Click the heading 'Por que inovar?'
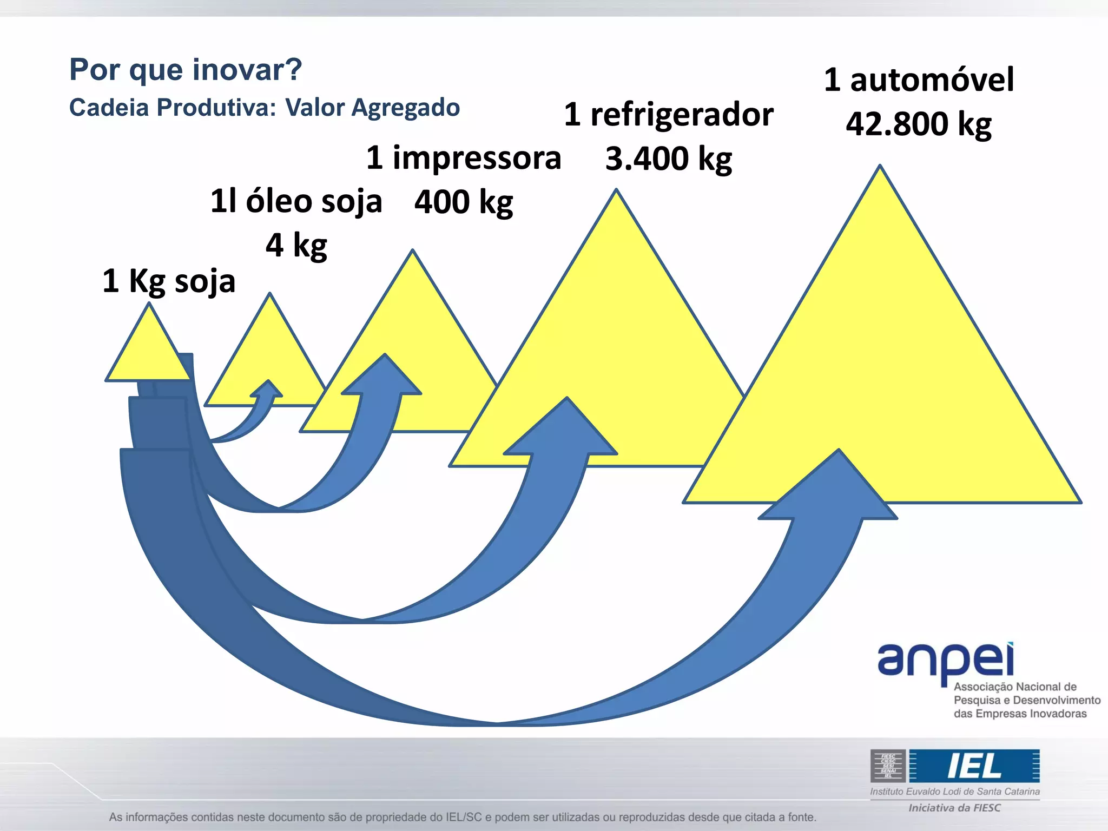tap(186, 70)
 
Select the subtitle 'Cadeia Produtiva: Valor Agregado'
tap(264, 108)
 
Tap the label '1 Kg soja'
tap(169, 281)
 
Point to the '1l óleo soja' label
tap(296, 201)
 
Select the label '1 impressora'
tap(464, 158)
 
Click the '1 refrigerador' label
tap(669, 115)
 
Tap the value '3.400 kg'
tap(669, 159)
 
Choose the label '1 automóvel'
tap(919, 80)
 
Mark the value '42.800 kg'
tap(919, 124)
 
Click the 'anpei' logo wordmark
tap(945, 660)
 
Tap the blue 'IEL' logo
tap(974, 766)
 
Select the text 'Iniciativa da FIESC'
tap(954, 808)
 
